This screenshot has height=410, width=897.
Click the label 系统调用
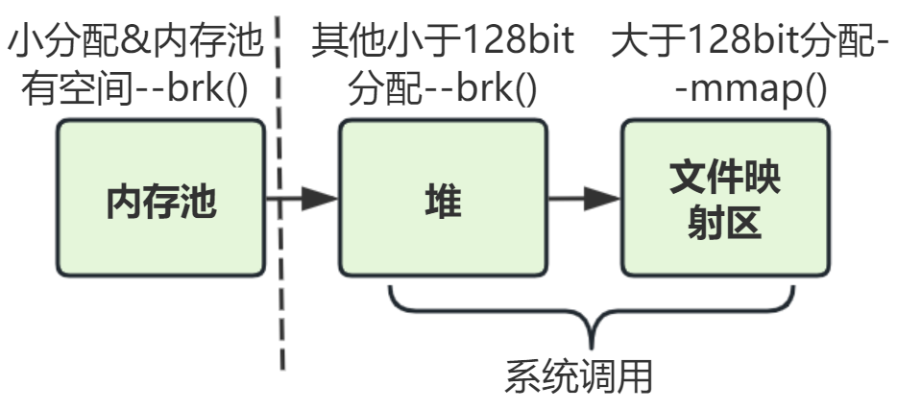579,375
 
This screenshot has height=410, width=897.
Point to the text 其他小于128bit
442,42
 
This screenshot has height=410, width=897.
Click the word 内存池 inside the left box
160,203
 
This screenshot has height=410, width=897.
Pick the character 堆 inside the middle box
443,203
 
